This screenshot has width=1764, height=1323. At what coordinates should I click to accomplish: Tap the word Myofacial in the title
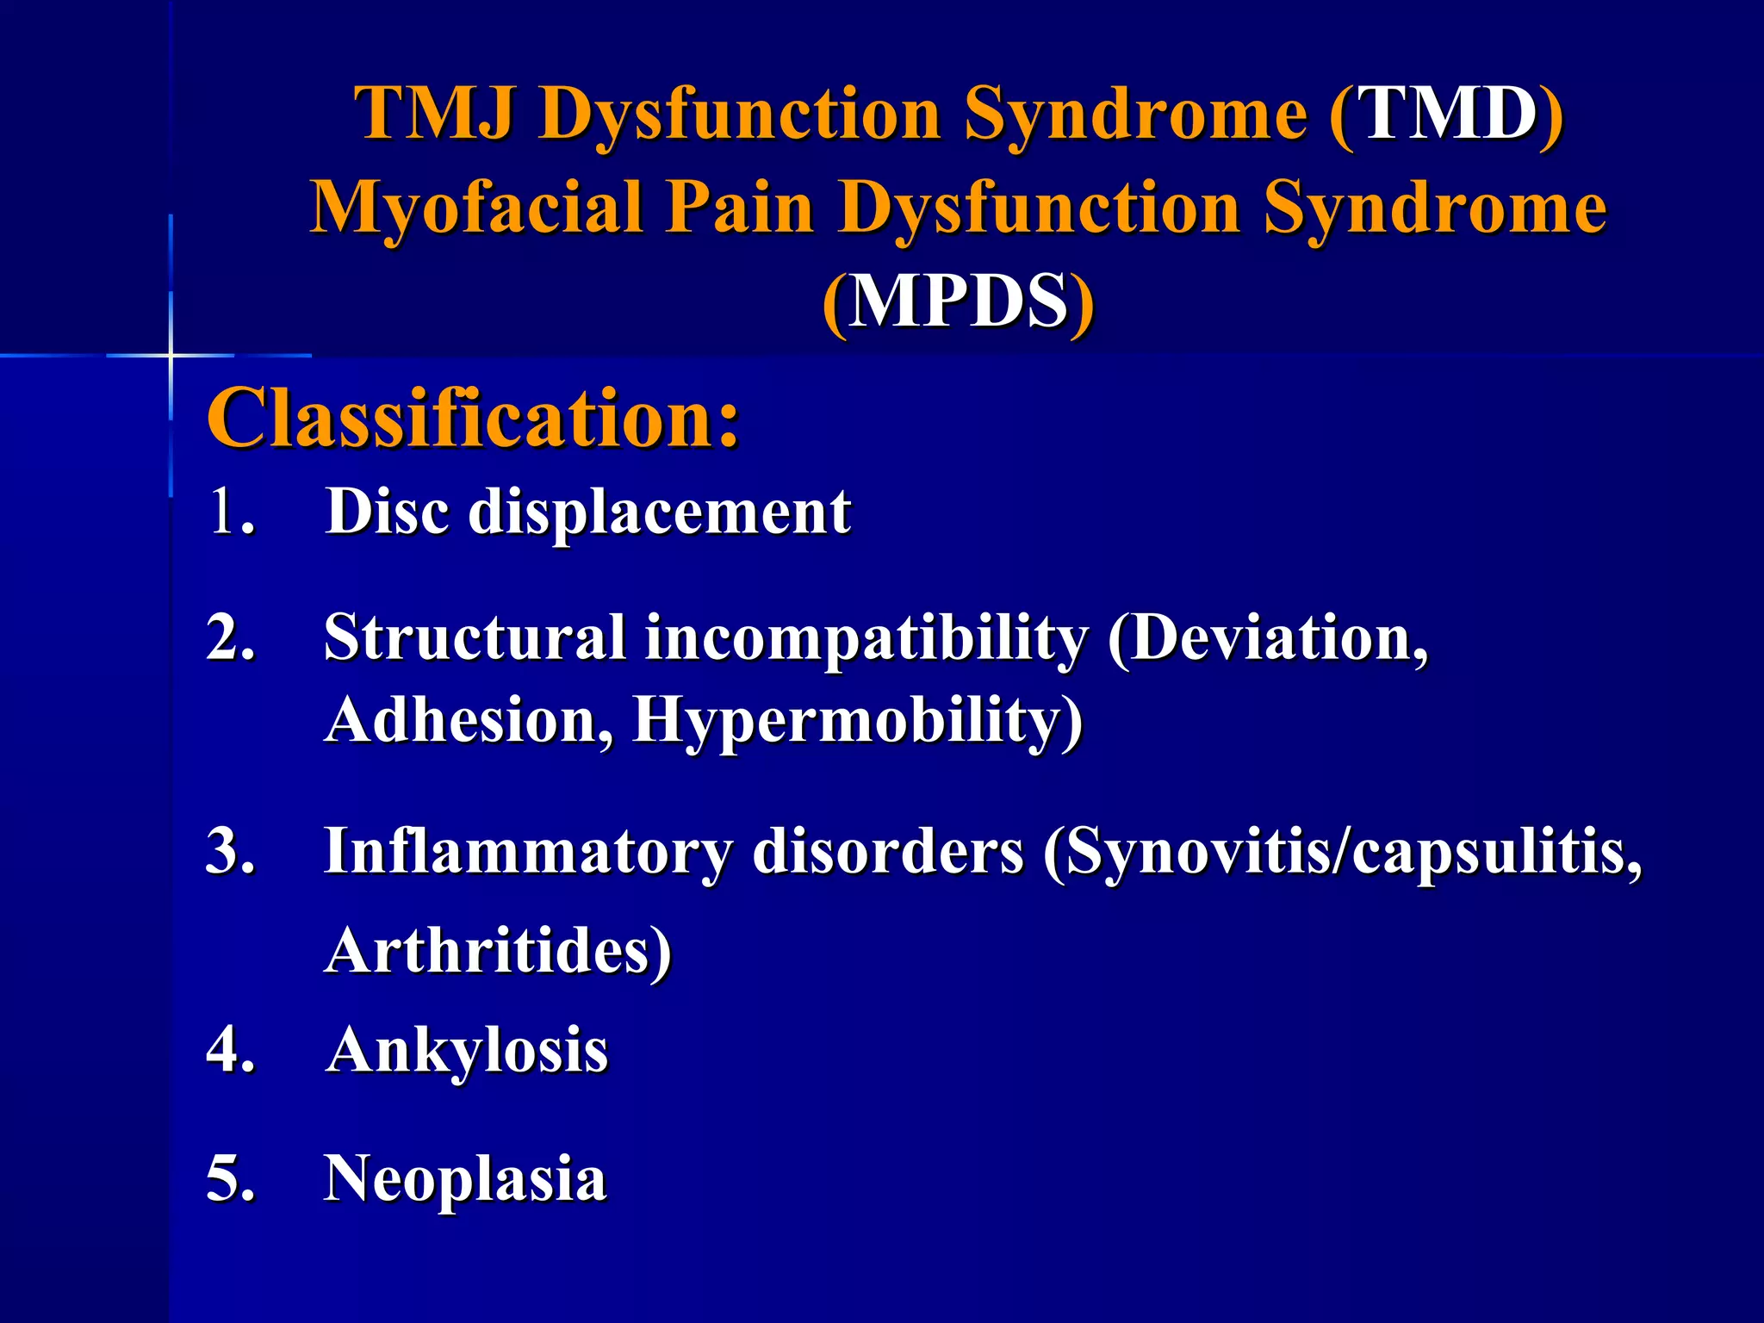(477, 208)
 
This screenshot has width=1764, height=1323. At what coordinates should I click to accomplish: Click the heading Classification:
(473, 419)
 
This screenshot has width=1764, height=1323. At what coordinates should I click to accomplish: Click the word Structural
(475, 638)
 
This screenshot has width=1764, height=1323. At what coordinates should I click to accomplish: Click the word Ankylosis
(468, 1051)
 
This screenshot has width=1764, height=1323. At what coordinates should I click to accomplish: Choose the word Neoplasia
(465, 1179)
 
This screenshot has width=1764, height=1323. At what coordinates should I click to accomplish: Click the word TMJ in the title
(435, 113)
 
